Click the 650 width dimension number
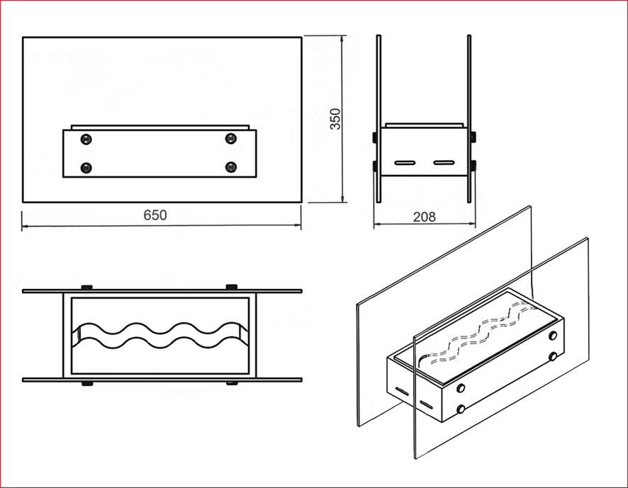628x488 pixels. pyautogui.click(x=155, y=215)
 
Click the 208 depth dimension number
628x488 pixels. pyautogui.click(x=424, y=217)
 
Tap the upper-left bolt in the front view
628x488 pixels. pyautogui.click(x=86, y=140)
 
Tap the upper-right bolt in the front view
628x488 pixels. pyautogui.click(x=230, y=139)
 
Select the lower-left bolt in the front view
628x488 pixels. pyautogui.click(x=86, y=167)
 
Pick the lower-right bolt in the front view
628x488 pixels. pyautogui.click(x=230, y=167)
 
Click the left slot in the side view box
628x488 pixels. pyautogui.click(x=405, y=163)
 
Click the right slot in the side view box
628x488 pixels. pyautogui.click(x=444, y=162)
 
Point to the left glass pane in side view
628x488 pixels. pyautogui.click(x=379, y=119)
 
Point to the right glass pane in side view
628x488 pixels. pyautogui.click(x=469, y=119)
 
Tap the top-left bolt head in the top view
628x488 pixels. pyautogui.click(x=86, y=287)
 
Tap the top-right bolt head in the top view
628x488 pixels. pyautogui.click(x=232, y=287)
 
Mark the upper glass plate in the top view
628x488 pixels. pyautogui.click(x=162, y=291)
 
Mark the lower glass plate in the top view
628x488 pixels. pyautogui.click(x=162, y=380)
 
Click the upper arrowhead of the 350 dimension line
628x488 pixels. pyautogui.click(x=342, y=39)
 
